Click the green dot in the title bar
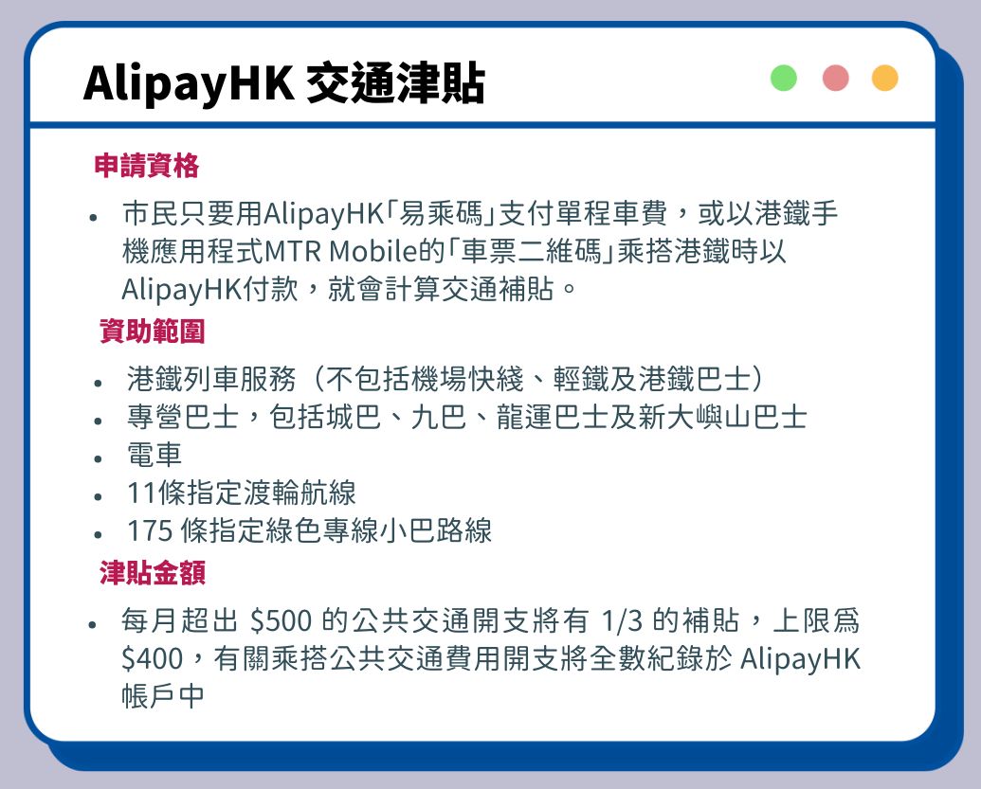(783, 79)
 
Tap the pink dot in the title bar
(835, 79)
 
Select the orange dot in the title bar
(885, 79)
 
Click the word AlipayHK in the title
(189, 84)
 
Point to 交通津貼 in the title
(395, 82)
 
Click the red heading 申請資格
(146, 166)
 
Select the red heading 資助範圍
(152, 331)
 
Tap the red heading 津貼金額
(152, 573)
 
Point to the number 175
(150, 530)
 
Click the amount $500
(281, 620)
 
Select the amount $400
(152, 658)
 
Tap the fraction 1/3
(622, 620)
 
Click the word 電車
(154, 455)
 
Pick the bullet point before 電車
(98, 458)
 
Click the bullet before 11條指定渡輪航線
(98, 497)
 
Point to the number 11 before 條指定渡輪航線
(141, 493)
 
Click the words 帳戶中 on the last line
(163, 696)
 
